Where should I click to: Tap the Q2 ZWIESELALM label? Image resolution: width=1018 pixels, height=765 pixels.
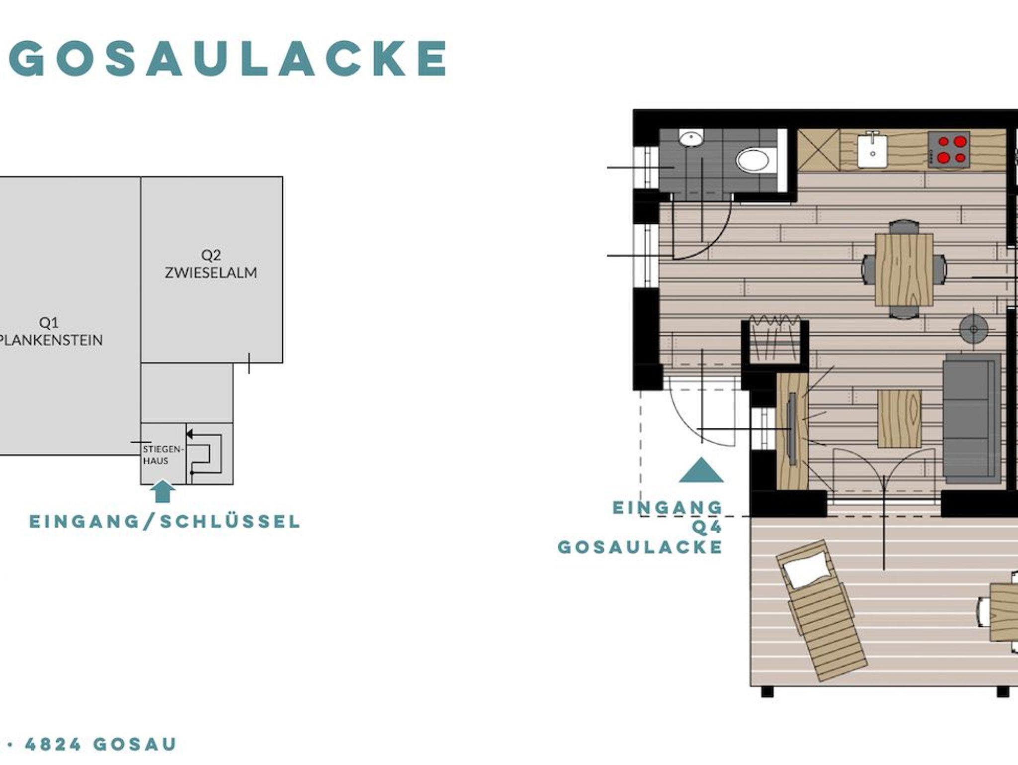211,264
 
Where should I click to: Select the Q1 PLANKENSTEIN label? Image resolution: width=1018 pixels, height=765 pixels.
50,332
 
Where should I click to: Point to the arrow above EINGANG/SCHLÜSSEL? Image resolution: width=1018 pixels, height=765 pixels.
163,491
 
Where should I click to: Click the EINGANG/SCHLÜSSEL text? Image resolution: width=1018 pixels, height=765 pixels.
165,522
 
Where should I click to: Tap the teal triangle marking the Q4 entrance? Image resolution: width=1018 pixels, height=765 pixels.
701,471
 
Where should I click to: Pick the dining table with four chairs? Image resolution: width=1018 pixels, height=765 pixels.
904,269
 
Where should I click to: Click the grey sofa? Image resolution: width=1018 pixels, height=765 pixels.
972,419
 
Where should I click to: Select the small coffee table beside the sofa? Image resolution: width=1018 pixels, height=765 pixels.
900,419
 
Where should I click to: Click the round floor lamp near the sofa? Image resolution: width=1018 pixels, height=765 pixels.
973,329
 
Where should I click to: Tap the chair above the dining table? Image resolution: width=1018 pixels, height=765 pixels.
904,227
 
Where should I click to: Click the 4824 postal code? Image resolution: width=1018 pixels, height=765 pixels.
53,745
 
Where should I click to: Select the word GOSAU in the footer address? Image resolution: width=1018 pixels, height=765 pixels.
135,745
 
